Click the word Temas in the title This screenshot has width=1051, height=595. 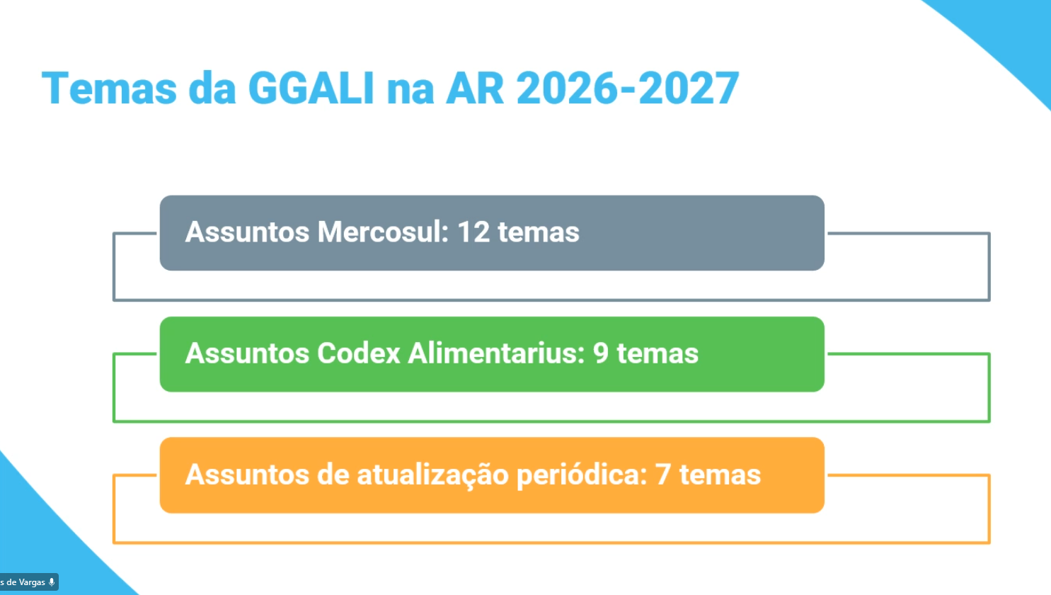[109, 89]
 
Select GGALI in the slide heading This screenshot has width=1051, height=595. [311, 89]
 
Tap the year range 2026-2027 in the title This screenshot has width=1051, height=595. [628, 89]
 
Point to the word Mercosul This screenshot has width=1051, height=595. [383, 232]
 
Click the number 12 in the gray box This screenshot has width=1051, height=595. [473, 232]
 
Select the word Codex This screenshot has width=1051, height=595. [359, 353]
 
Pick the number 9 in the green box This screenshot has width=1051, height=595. [601, 353]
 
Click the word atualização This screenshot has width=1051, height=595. [432, 475]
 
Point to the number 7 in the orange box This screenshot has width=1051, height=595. [663, 475]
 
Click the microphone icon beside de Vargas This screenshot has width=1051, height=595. [52, 582]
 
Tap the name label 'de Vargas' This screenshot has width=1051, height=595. [25, 582]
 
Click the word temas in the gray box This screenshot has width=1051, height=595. [539, 232]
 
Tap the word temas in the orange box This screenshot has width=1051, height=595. [720, 475]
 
